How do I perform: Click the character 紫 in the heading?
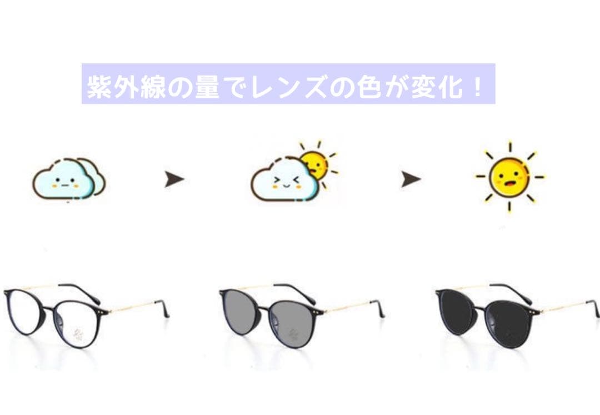(98, 87)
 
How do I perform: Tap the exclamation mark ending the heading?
(479, 87)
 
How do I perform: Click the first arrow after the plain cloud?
(174, 179)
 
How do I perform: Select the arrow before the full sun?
(411, 179)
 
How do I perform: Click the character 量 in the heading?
(206, 87)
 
